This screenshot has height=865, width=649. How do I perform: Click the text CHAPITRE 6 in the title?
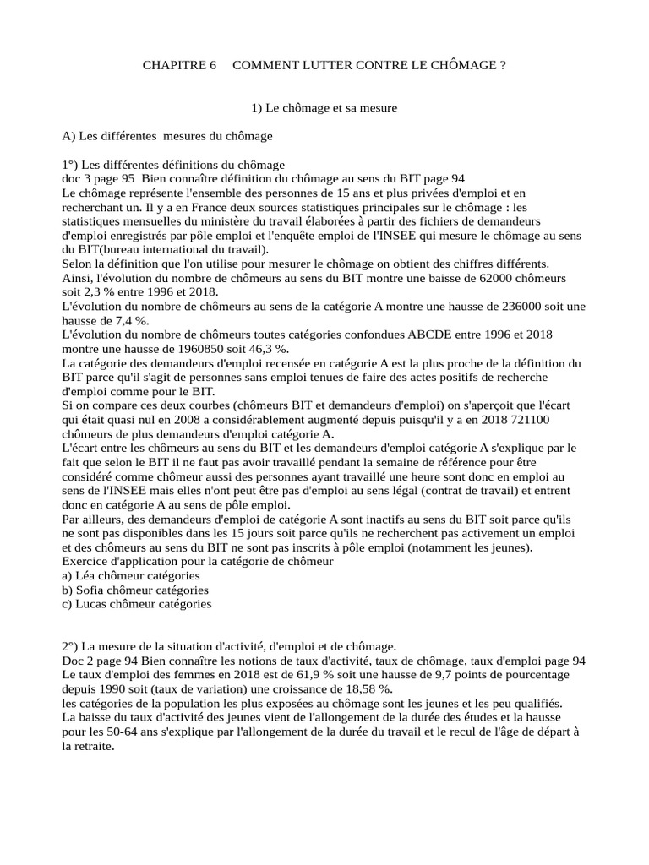tap(174, 65)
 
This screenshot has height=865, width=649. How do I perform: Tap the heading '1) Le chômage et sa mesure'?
tap(324, 108)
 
